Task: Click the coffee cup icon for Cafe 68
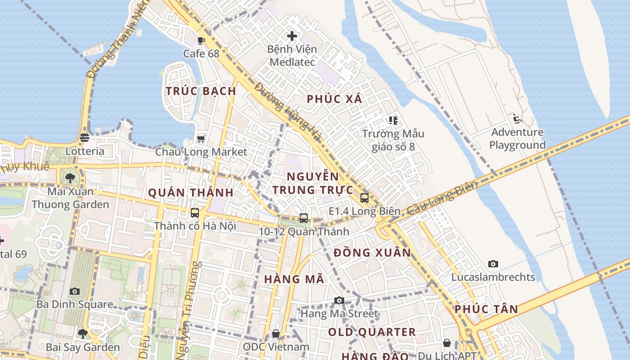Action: click(x=201, y=40)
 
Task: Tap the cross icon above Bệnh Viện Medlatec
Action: click(x=292, y=36)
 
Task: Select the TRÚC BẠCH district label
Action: click(x=201, y=91)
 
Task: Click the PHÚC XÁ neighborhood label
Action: click(x=334, y=99)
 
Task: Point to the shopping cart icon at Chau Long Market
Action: click(x=201, y=138)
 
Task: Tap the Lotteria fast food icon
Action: click(x=85, y=138)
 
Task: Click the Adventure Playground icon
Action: click(x=517, y=119)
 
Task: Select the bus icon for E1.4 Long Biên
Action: click(x=364, y=198)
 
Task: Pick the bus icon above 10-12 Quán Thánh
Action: click(x=304, y=218)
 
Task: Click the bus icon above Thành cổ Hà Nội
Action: click(x=195, y=213)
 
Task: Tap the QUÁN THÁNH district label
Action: click(x=191, y=193)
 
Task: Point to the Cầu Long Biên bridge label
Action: click(x=442, y=198)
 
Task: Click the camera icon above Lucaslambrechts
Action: click(x=493, y=264)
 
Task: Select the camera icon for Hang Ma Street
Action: click(x=339, y=300)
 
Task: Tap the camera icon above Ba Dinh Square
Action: click(x=75, y=291)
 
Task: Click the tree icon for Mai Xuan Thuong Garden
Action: click(x=70, y=178)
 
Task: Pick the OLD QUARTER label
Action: click(x=372, y=332)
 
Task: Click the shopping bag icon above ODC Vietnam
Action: click(x=276, y=333)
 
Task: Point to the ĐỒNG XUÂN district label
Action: click(x=373, y=252)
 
